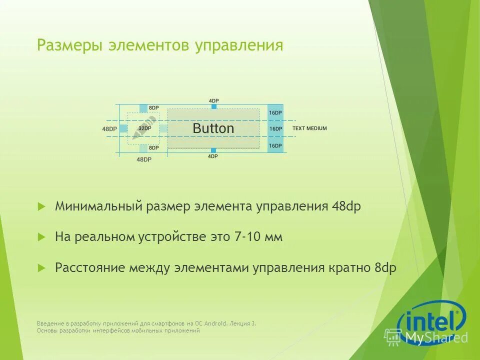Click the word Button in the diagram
(213, 128)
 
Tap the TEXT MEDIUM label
(309, 128)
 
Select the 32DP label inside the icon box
(144, 128)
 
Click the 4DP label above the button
(213, 101)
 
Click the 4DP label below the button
(213, 156)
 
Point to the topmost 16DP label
(275, 113)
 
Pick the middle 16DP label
(275, 129)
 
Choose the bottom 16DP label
(275, 145)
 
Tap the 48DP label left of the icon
(109, 129)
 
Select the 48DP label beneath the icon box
(143, 159)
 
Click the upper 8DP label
(153, 108)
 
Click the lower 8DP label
(153, 148)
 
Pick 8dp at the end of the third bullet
(385, 267)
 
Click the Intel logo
(431, 320)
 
